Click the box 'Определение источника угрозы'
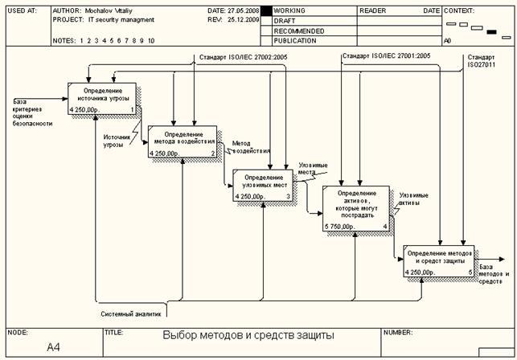tap(102, 97)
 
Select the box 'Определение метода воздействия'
tap(183, 140)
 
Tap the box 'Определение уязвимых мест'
tap(264, 184)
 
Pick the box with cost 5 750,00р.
tap(356, 209)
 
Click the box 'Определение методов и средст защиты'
tap(438, 261)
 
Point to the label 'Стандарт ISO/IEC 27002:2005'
tap(242, 57)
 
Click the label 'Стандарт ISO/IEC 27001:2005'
tap(386, 56)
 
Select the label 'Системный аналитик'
tap(131, 314)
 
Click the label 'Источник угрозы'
tap(117, 141)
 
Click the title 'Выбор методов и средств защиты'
tap(248, 336)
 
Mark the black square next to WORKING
tap(267, 11)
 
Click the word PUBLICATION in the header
tap(294, 40)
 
